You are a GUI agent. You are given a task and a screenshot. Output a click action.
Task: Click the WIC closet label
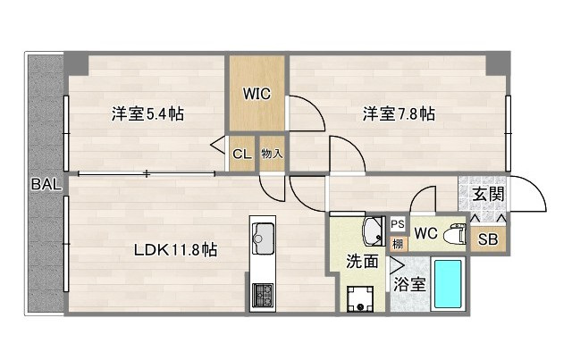257,91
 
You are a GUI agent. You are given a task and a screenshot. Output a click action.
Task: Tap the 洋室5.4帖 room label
147,114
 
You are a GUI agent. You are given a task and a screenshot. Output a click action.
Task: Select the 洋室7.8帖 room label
399,114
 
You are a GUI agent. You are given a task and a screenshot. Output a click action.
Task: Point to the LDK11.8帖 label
176,250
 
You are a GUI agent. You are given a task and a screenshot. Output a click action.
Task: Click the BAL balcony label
46,185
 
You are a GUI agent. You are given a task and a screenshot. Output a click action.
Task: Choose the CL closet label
241,154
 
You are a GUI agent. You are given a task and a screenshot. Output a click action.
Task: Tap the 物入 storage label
272,154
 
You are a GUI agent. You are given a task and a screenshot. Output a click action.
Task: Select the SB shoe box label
488,239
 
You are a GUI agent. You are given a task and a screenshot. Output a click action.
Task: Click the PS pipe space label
398,224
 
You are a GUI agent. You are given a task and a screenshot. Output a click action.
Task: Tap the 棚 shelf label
398,242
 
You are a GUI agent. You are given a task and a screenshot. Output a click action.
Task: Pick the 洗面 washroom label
362,263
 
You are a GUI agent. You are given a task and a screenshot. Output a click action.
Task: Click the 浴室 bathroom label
409,287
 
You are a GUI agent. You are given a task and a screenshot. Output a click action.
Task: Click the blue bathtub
448,284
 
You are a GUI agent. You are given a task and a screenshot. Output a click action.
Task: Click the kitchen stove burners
264,294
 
